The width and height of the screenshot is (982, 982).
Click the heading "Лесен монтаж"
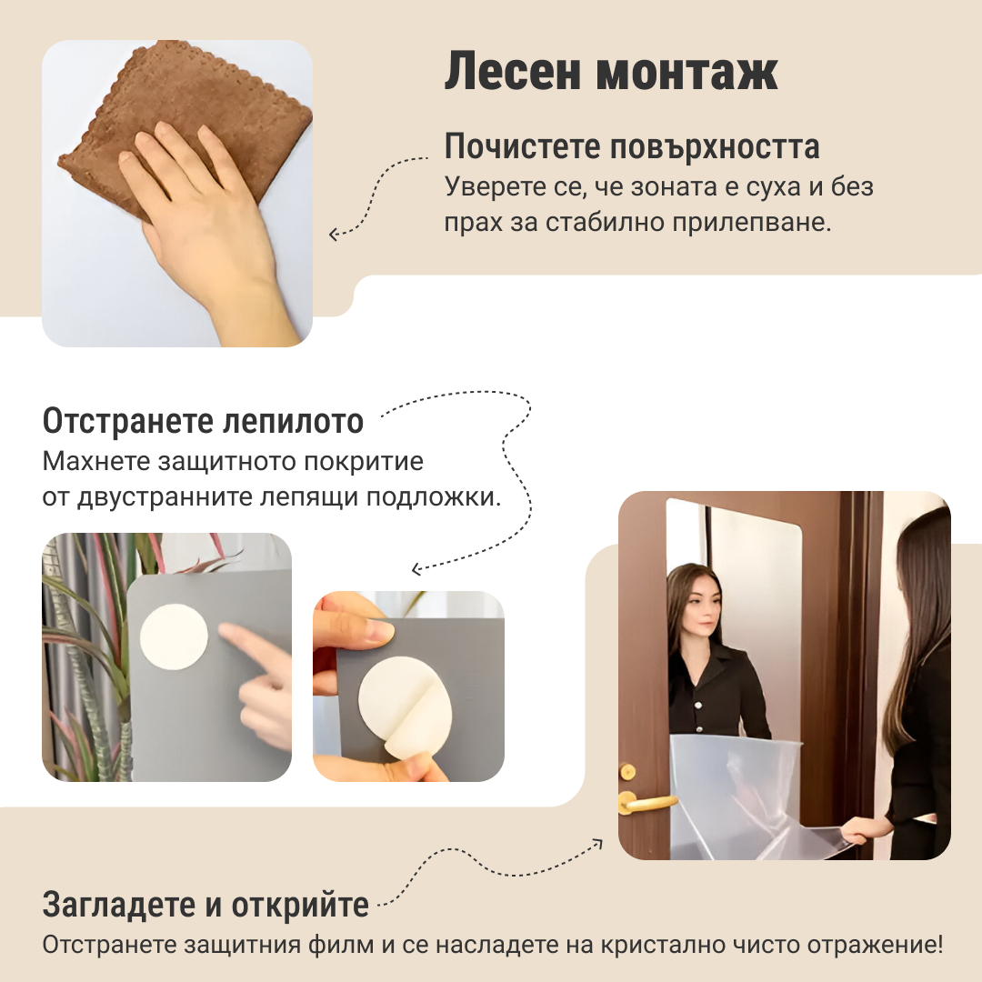(x=610, y=73)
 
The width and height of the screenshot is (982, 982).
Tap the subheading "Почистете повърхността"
(x=632, y=146)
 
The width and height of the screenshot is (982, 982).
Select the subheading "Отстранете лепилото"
(x=203, y=422)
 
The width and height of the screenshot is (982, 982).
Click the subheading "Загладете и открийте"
(x=205, y=905)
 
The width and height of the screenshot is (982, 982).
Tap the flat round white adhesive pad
(x=174, y=637)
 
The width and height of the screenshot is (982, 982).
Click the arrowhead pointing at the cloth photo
(x=334, y=235)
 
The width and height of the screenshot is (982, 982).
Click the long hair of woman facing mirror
(x=914, y=618)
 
